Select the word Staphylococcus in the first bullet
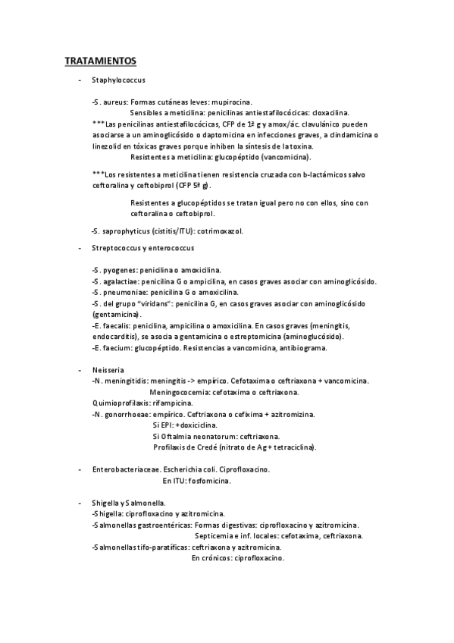pyautogui.click(x=120, y=80)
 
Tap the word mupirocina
pyautogui.click(x=230, y=101)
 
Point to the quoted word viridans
pyautogui.click(x=174, y=303)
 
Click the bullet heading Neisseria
pyautogui.click(x=108, y=369)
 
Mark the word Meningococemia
pyautogui.click(x=184, y=393)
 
